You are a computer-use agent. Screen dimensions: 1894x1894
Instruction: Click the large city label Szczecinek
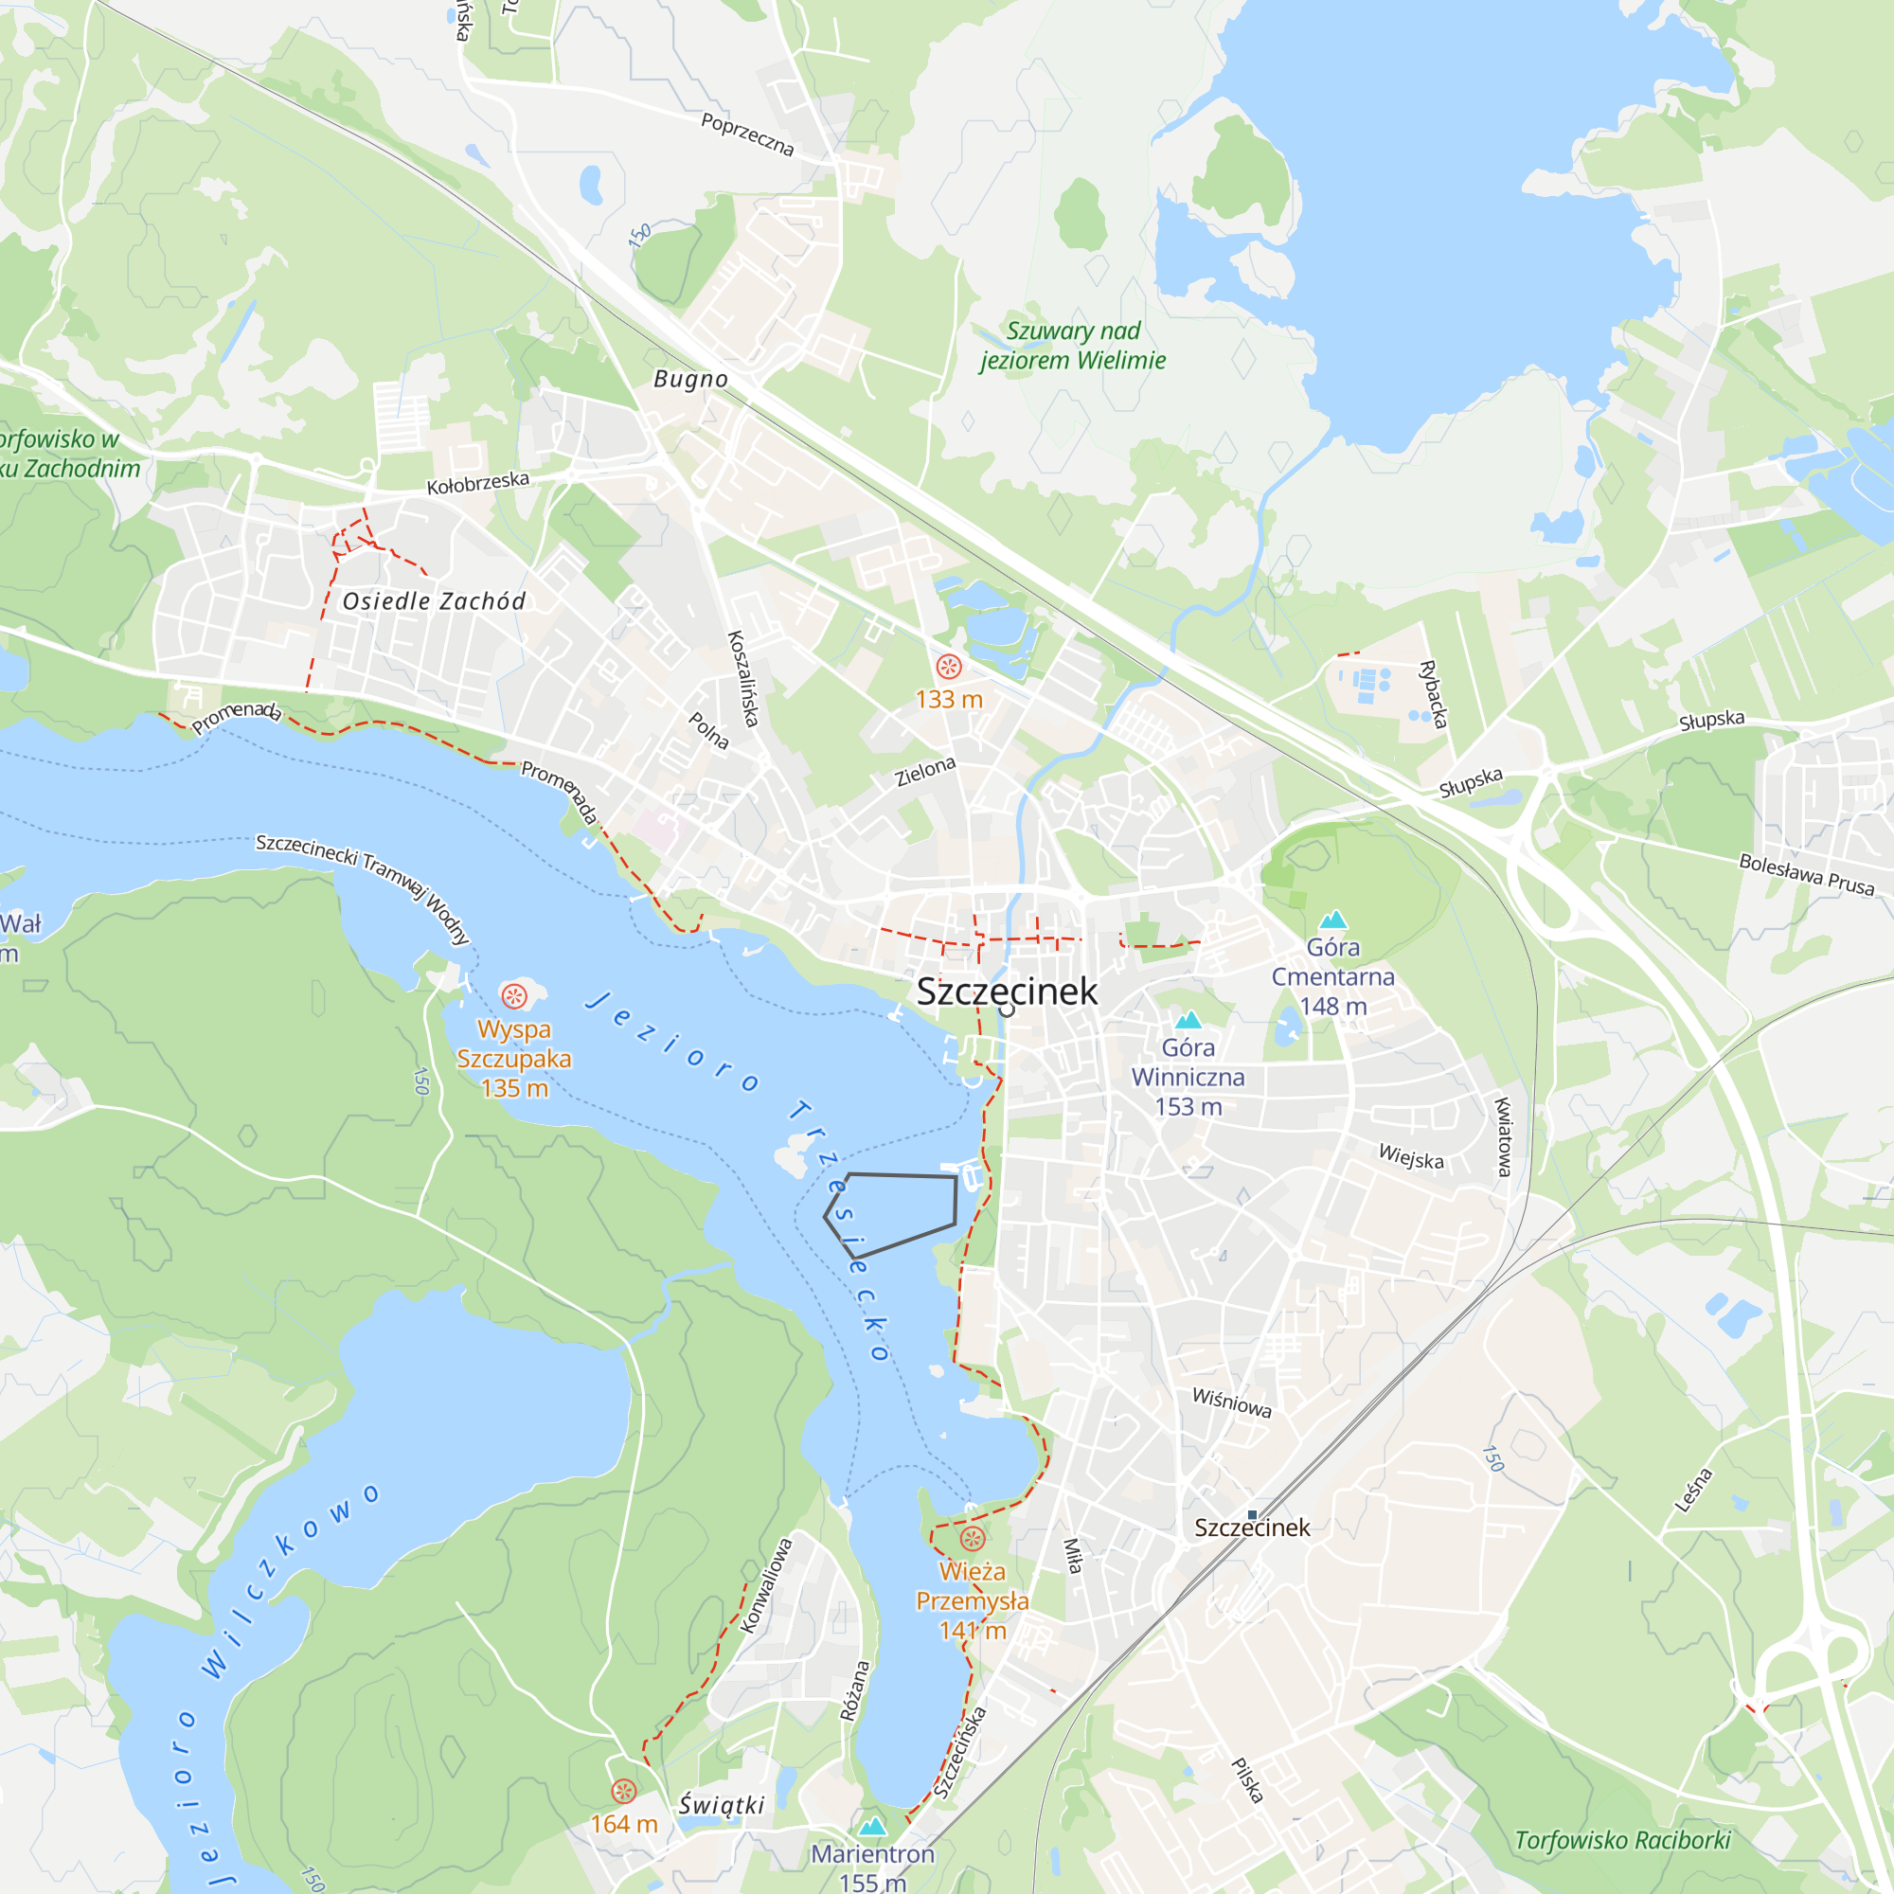[x=1007, y=992]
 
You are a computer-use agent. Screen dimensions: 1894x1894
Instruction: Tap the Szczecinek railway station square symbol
[x=1252, y=1515]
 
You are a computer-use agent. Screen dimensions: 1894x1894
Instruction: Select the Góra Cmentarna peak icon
[x=1332, y=920]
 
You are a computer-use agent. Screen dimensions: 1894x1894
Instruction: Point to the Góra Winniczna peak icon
[x=1188, y=1021]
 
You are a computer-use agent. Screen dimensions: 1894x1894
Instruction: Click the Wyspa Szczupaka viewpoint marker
[x=513, y=997]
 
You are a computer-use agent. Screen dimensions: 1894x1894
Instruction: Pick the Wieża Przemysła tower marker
[x=972, y=1538]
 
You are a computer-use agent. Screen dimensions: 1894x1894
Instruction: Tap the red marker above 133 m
[x=948, y=668]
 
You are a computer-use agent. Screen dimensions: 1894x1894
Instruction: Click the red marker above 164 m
[x=623, y=1792]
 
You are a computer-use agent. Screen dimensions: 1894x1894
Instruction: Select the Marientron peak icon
[x=871, y=1827]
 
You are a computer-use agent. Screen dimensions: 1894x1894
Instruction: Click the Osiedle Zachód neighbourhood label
[x=434, y=602]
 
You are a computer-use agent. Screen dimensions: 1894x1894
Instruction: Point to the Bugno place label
[x=690, y=380]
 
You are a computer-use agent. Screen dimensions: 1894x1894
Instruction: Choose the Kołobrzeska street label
[x=477, y=482]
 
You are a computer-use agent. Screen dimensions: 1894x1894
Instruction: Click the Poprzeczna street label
[x=747, y=134]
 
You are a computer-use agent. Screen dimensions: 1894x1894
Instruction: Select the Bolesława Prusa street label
[x=1806, y=874]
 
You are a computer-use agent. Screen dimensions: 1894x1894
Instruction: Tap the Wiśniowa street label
[x=1231, y=1403]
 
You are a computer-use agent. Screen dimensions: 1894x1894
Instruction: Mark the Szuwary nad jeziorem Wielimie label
[x=1073, y=346]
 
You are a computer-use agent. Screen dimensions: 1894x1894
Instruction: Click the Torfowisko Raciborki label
[x=1622, y=1841]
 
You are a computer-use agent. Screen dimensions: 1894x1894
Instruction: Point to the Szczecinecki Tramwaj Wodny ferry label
[x=363, y=887]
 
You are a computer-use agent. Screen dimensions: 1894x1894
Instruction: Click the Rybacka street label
[x=1432, y=694]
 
